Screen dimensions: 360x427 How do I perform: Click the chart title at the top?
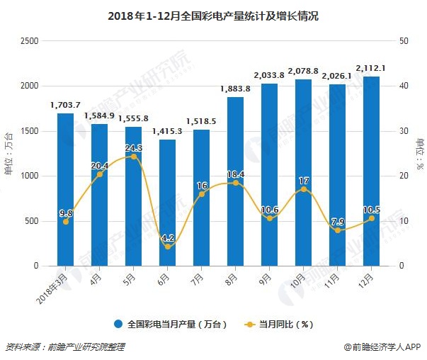(x=212, y=14)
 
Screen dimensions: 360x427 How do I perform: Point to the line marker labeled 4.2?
(x=167, y=247)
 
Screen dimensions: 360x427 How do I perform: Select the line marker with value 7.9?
(x=337, y=230)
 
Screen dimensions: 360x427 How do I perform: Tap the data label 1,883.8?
(x=235, y=89)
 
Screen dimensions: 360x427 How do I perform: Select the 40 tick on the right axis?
(x=404, y=86)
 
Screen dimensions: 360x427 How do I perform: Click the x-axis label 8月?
(x=232, y=279)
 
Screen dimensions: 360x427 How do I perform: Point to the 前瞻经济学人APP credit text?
(x=382, y=347)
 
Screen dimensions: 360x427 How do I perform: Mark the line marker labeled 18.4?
(x=235, y=183)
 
